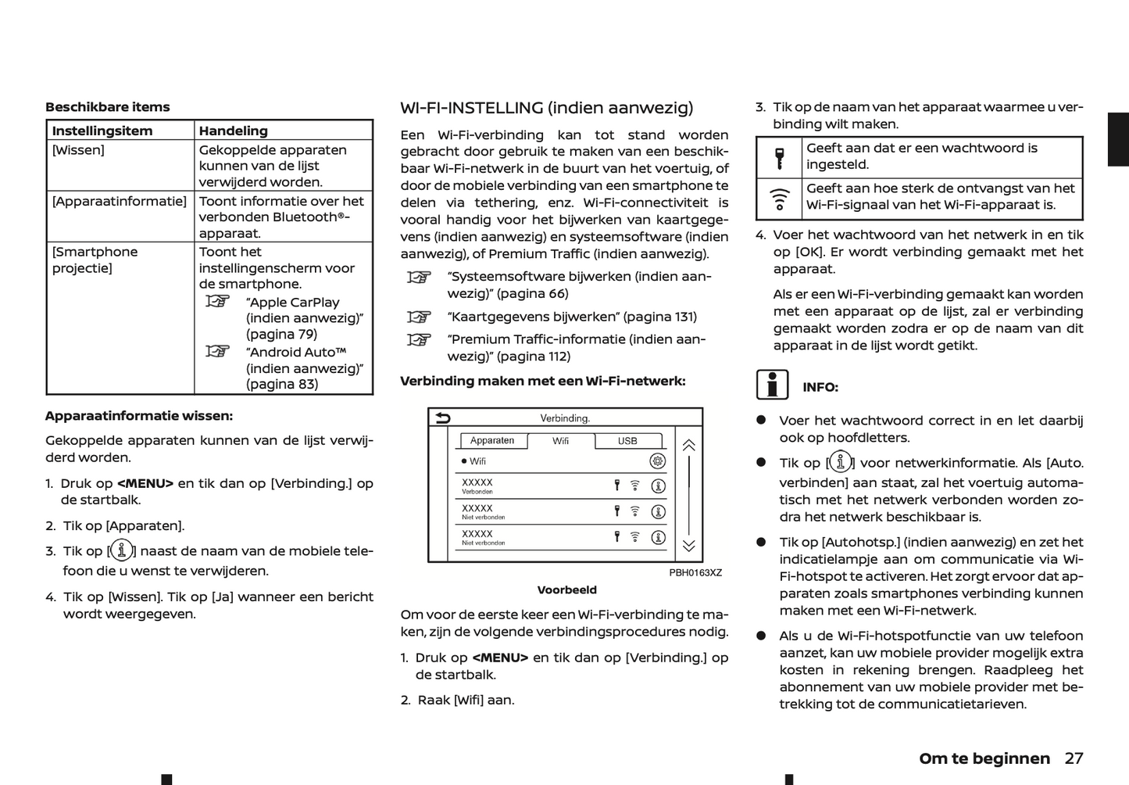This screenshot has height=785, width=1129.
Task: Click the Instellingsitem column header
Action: click(x=102, y=131)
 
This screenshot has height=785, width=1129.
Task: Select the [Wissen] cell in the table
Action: click(x=78, y=150)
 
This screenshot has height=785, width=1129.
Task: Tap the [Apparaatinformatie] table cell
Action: click(x=119, y=201)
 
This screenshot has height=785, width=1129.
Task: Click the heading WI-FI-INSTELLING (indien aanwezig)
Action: click(x=546, y=108)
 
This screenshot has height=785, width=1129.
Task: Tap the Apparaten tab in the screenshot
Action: click(x=492, y=441)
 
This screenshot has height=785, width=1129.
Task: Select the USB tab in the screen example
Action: click(x=627, y=441)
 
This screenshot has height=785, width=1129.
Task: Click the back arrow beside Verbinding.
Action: click(x=443, y=418)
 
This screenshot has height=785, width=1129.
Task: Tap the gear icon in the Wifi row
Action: click(x=658, y=461)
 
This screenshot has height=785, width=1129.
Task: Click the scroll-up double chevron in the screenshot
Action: click(x=688, y=446)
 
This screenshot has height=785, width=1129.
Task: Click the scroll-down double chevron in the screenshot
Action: click(x=688, y=546)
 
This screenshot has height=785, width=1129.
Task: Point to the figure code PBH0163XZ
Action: click(x=695, y=573)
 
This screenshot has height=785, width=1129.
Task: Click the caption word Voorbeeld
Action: click(x=566, y=590)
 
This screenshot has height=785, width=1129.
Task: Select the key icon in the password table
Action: click(x=779, y=157)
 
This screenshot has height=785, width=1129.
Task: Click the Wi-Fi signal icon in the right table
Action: click(x=779, y=199)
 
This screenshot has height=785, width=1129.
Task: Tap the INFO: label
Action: click(x=820, y=387)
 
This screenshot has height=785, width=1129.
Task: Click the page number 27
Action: click(x=1074, y=758)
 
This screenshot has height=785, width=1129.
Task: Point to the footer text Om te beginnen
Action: click(x=984, y=758)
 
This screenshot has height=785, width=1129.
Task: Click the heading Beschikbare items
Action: click(x=107, y=107)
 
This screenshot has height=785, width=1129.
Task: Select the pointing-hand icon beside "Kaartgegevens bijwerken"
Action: click(x=419, y=317)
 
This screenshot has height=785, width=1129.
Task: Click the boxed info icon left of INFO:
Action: click(x=772, y=385)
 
